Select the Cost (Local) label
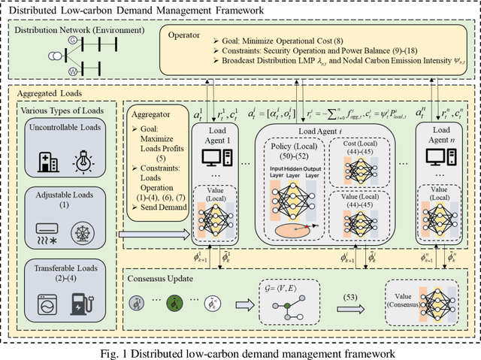point(367,144)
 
